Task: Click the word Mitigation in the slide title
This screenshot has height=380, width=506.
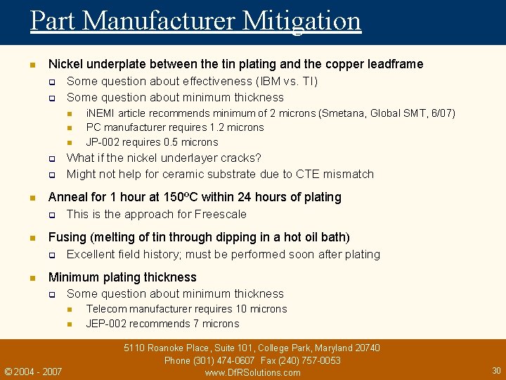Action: (301, 20)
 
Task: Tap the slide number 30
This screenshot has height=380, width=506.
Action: (496, 370)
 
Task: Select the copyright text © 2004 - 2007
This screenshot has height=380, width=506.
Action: (33, 371)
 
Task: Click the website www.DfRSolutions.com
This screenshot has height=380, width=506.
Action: (252, 372)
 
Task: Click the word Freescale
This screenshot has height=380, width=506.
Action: (221, 214)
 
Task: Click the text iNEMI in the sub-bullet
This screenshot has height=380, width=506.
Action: (100, 113)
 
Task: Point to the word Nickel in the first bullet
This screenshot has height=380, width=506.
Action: (65, 64)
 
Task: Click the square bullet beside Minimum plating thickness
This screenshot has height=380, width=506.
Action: (32, 278)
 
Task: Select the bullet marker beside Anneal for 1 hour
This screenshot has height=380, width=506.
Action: (32, 198)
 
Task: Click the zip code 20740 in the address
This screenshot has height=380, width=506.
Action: (365, 348)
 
